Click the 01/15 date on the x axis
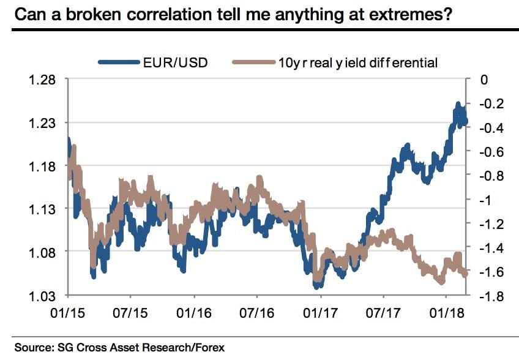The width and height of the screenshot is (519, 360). point(69,312)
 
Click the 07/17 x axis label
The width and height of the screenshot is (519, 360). point(383,312)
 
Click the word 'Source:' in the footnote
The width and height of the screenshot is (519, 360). point(33,348)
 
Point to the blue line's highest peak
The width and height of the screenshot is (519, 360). point(457,105)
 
